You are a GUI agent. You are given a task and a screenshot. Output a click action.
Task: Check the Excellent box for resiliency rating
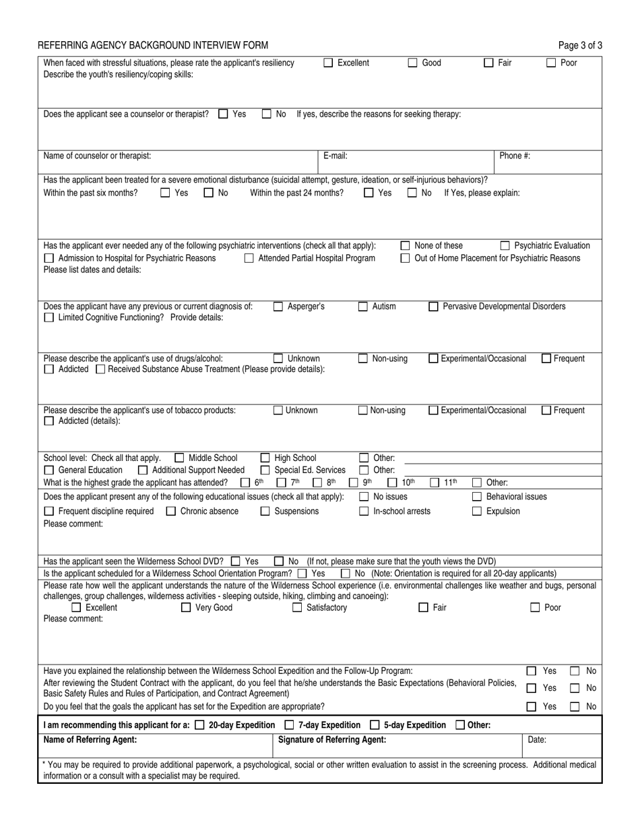coord(329,63)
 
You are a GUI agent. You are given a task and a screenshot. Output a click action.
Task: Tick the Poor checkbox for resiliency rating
coord(550,63)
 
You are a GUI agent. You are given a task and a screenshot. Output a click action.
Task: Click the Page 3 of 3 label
coord(580,46)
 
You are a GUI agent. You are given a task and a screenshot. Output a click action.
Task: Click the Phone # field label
coord(515,156)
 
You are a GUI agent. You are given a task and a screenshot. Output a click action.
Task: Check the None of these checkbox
coord(406,246)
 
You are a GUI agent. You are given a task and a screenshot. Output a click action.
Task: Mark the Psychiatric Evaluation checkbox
coord(505,246)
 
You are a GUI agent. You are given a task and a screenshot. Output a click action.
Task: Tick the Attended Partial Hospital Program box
coord(249,258)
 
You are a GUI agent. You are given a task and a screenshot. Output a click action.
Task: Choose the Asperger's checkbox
coord(278,307)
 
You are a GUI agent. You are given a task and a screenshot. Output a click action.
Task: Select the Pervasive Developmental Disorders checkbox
coord(434,307)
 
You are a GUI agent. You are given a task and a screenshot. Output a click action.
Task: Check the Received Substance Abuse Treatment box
coord(100,369)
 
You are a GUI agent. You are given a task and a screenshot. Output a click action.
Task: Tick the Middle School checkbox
coord(180,458)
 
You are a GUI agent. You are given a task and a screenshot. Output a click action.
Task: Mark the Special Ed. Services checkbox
coord(265,470)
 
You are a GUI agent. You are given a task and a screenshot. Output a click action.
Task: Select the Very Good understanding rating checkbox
coord(187,608)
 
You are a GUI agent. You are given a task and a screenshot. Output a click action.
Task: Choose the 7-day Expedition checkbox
coord(289,725)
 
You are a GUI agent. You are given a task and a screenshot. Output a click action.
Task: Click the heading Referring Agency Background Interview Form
coord(153,46)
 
